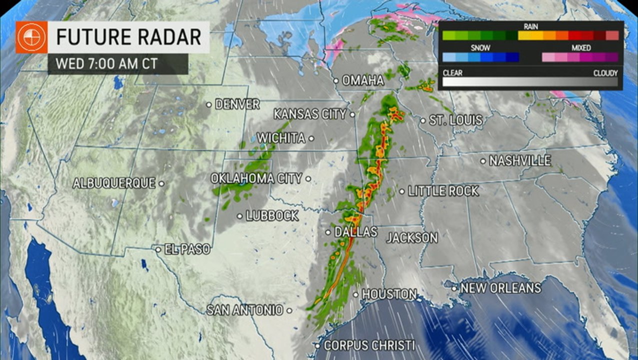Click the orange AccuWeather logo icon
[31, 37]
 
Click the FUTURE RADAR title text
[128, 37]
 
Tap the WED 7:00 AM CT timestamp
[106, 64]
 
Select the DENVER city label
[237, 104]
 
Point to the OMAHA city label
[363, 80]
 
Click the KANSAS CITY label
[310, 114]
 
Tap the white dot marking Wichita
[311, 138]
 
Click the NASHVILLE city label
[520, 161]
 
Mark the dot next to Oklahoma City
[308, 178]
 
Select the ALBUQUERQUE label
[114, 183]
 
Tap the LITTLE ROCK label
[443, 191]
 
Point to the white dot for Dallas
[328, 232]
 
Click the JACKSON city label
[412, 237]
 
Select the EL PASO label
[187, 249]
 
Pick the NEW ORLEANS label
[500, 288]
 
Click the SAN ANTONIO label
[245, 310]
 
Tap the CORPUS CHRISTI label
[369, 345]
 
